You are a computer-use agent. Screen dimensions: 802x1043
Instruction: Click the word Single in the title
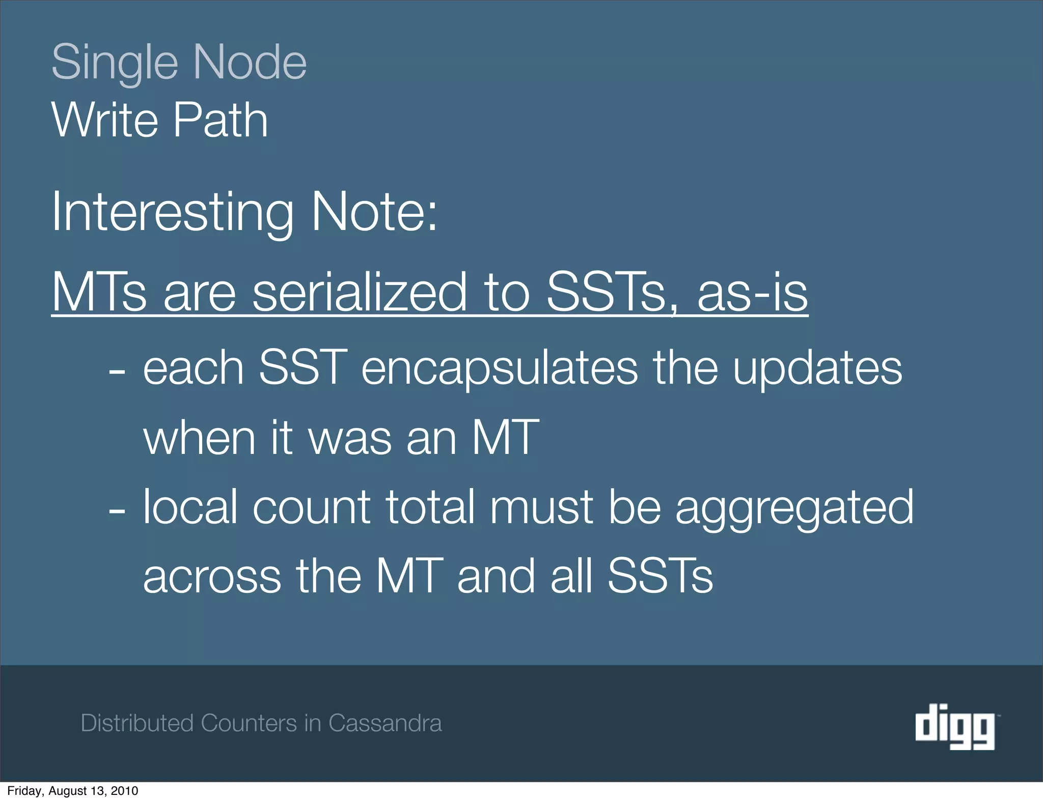click(115, 63)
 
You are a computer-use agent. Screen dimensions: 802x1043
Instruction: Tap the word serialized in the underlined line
click(360, 292)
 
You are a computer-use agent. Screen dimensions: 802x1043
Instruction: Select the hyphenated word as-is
click(752, 293)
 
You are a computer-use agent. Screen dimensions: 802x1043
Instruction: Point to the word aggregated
click(794, 507)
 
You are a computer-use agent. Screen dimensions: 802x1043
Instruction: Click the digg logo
click(955, 726)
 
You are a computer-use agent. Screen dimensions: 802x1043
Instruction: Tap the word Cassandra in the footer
click(385, 723)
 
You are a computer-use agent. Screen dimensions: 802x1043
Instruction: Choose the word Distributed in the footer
click(137, 723)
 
